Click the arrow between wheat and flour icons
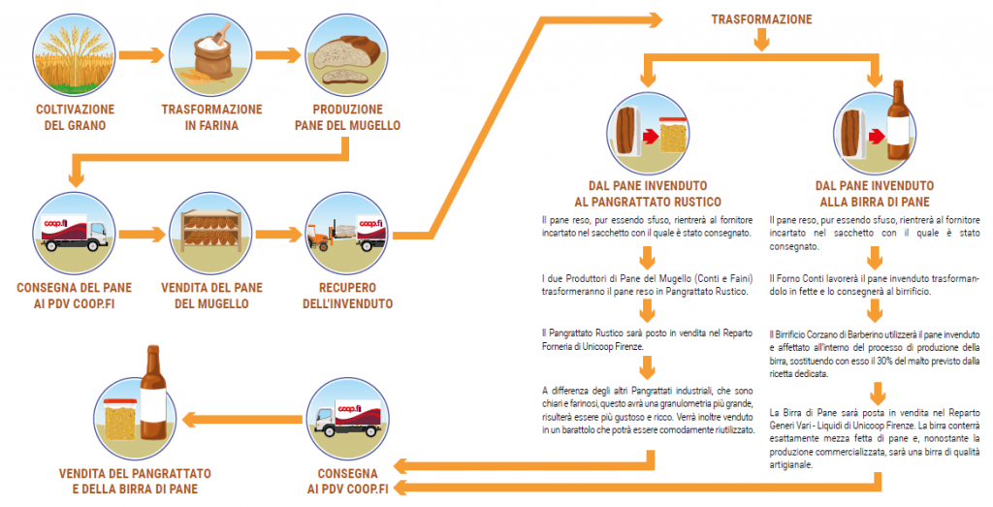(141, 55)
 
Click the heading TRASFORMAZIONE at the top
(761, 18)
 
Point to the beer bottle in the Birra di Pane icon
(903, 121)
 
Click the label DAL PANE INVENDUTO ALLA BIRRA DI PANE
(874, 193)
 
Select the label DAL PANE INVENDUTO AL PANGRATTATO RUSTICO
(647, 193)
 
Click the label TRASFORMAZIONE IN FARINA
(210, 117)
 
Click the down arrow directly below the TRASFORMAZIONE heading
(761, 39)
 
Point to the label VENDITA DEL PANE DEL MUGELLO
(210, 296)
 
